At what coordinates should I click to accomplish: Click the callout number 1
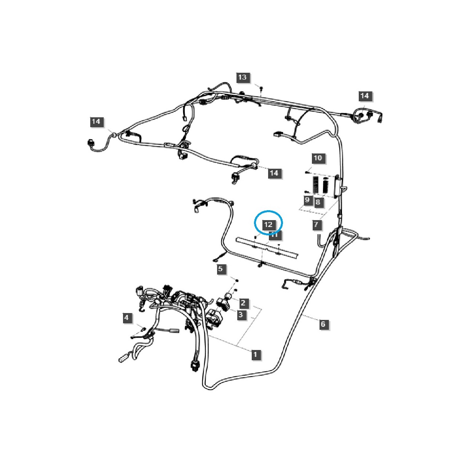[x=255, y=354]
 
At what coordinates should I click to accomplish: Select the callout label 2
[x=243, y=303]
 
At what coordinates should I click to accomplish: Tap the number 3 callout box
[x=240, y=315]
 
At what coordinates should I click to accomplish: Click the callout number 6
[x=323, y=324]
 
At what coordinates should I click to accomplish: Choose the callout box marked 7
[x=316, y=225]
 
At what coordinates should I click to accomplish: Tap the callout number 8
[x=318, y=202]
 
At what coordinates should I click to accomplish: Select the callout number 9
[x=307, y=200]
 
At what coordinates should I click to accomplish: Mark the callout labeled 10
[x=318, y=158]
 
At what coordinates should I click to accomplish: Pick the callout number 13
[x=242, y=77]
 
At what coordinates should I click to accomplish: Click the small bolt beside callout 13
[x=261, y=89]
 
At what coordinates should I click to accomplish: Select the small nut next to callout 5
[x=237, y=281]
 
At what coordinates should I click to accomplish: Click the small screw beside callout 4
[x=144, y=328]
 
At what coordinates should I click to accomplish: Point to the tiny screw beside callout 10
[x=307, y=172]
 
